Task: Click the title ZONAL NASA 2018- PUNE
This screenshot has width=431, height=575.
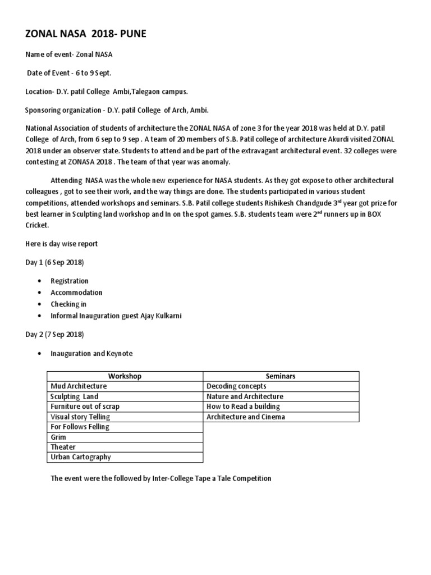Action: (x=86, y=35)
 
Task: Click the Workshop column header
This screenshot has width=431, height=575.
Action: (x=125, y=376)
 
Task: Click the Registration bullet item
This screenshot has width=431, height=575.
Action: (x=70, y=281)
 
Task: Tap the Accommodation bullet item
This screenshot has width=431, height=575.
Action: (x=76, y=293)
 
